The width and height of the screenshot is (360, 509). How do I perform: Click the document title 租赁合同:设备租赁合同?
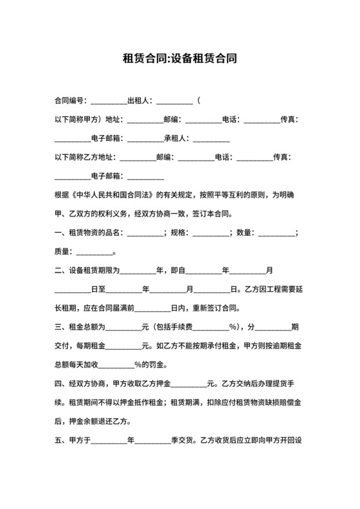pyautogui.click(x=180, y=60)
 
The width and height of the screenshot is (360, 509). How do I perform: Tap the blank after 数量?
pyautogui.click(x=276, y=233)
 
